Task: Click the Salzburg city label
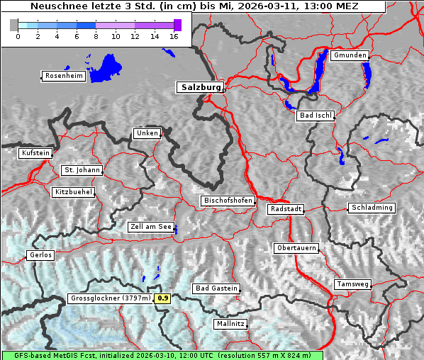click(x=199, y=87)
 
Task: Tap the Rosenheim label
click(x=63, y=76)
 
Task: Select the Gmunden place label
click(x=350, y=55)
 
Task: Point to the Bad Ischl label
click(x=315, y=116)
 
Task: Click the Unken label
click(x=146, y=133)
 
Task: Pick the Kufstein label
click(x=35, y=153)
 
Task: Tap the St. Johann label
click(x=82, y=170)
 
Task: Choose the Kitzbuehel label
click(x=73, y=192)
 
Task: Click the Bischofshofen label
click(x=228, y=201)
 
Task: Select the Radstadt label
click(x=286, y=209)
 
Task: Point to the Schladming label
click(x=371, y=208)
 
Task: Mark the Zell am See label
click(x=151, y=227)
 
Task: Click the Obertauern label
click(x=296, y=248)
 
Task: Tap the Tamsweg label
click(x=352, y=284)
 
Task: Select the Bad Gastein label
click(x=216, y=288)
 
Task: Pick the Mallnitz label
click(x=230, y=324)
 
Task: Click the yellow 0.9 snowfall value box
click(x=163, y=298)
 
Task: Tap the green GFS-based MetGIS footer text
click(x=162, y=355)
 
